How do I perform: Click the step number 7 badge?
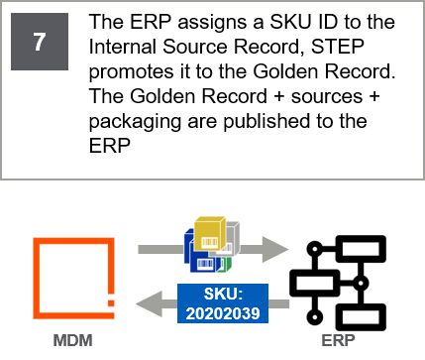click(40, 42)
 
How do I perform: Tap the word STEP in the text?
click(338, 47)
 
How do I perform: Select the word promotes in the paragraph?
click(132, 72)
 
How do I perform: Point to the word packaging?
click(135, 122)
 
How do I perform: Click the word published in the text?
click(267, 121)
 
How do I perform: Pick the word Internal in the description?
click(123, 47)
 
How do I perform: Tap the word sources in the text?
click(327, 96)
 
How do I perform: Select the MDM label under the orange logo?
click(73, 340)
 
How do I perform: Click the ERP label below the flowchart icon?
click(338, 340)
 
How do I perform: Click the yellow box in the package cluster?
click(210, 234)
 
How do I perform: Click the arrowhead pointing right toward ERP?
click(274, 249)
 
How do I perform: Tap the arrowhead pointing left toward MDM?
click(150, 303)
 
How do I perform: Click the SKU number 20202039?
click(223, 313)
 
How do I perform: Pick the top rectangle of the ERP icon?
click(363, 249)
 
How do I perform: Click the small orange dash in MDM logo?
click(111, 303)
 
